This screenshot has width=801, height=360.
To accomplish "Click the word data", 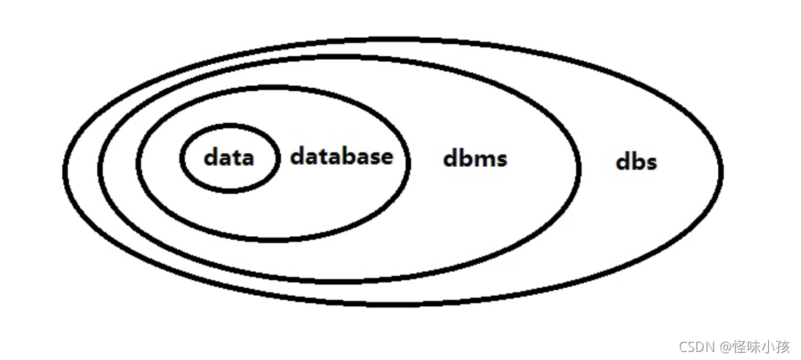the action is [229, 157].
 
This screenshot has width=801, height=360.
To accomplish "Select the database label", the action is [341, 156].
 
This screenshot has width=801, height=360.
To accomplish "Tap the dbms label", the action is [474, 159].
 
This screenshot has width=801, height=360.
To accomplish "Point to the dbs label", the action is [636, 161].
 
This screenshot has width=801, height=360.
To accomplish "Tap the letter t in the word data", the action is [235, 157].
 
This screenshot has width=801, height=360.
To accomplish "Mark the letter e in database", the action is [386, 157].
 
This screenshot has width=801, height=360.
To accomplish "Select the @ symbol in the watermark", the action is [727, 346].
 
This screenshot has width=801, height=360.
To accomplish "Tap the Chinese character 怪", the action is [739, 346].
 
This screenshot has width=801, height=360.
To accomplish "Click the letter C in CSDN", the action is [682, 346].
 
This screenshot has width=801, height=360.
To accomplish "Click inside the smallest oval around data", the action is [229, 179].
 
